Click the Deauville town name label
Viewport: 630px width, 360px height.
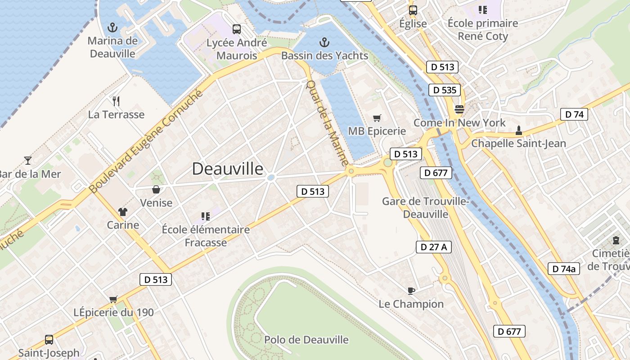228,169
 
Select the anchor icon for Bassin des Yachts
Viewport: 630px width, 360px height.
324,43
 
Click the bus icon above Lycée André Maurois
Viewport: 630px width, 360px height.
237,30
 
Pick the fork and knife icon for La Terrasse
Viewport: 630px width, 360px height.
116,101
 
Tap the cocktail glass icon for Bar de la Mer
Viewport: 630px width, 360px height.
28,160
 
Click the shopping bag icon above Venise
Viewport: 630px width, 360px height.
156,189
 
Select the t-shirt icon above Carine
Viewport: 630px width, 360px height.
122,211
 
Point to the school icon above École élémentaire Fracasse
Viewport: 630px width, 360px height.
206,216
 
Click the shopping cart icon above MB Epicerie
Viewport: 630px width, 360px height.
377,118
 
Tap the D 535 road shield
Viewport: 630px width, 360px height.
445,90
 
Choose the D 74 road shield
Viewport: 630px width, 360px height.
574,114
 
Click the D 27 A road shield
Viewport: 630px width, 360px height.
433,247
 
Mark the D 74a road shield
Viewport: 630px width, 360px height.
563,269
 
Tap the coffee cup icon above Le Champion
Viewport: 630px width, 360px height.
411,290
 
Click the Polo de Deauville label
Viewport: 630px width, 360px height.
306,340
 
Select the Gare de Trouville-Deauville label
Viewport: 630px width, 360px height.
426,207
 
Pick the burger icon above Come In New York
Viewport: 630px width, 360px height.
459,109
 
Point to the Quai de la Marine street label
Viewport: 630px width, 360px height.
327,122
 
